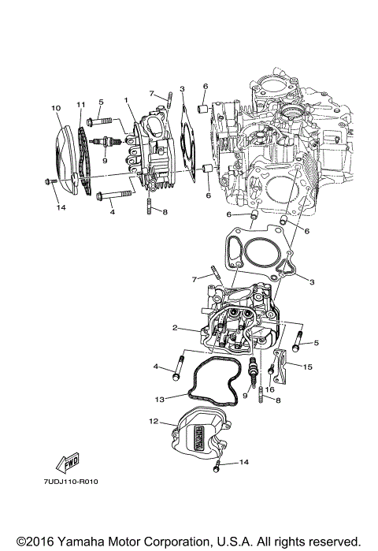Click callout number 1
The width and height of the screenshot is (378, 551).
[x=124, y=100]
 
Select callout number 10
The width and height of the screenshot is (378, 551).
[x=56, y=107]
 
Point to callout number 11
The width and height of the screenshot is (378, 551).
[x=80, y=105]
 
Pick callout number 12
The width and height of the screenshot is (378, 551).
[x=154, y=422]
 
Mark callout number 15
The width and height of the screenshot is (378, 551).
[x=308, y=367]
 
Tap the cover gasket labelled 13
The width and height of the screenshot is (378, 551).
[x=213, y=374]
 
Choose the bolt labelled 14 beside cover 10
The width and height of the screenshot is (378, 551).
[x=49, y=183]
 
